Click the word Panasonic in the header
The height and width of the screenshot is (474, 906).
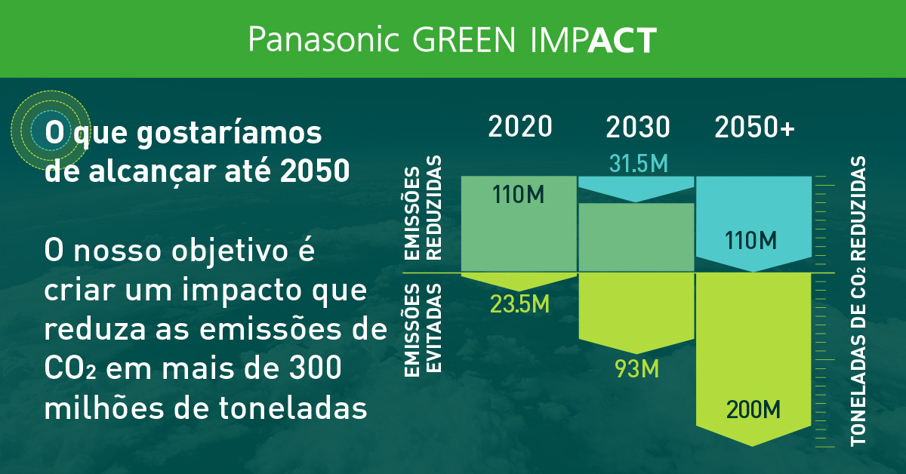323,40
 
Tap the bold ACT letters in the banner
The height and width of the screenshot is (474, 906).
622,40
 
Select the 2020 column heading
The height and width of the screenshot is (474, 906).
520,127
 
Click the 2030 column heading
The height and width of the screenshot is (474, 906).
637,127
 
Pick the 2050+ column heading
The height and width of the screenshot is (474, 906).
755,127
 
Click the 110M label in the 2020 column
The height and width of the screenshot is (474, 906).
519,195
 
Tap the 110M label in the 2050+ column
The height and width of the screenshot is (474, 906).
750,242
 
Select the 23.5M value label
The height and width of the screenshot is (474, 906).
519,304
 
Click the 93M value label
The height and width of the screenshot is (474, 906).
636,369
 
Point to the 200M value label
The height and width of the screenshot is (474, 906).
753,411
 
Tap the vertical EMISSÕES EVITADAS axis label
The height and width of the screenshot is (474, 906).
424,329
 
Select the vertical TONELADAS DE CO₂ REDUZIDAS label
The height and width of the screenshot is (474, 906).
858,302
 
